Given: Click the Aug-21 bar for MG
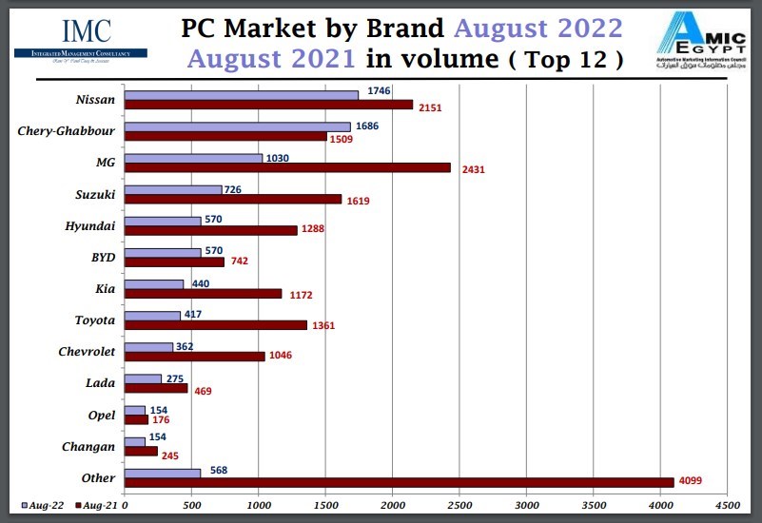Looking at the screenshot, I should pyautogui.click(x=287, y=167).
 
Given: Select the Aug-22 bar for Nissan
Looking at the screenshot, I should pyautogui.click(x=242, y=94).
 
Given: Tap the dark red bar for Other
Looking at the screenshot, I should pyautogui.click(x=399, y=482).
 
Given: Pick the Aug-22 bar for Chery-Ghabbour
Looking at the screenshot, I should pyautogui.click(x=237, y=126).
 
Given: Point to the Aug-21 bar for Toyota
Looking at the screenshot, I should pyautogui.click(x=216, y=325).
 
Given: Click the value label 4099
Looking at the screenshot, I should pyautogui.click(x=691, y=483).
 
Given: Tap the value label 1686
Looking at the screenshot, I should pyautogui.click(x=366, y=126).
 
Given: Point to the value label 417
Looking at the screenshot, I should pyautogui.click(x=193, y=314).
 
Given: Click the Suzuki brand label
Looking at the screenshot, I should pyautogui.click(x=95, y=194).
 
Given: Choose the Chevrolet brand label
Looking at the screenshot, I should pyautogui.click(x=87, y=351).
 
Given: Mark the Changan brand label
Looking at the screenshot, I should pyautogui.click(x=88, y=446).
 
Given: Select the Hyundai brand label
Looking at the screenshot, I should pyautogui.click(x=91, y=225).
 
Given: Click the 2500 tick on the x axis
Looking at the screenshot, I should pyautogui.click(x=459, y=509).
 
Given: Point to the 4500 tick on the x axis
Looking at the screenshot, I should pyautogui.click(x=727, y=509).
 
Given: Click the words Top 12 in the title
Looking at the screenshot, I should pyautogui.click(x=567, y=60).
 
